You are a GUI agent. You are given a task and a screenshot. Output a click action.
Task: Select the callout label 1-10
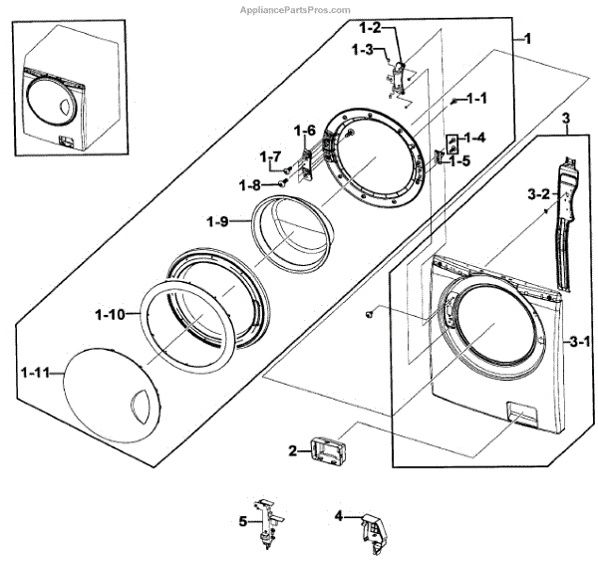[110, 314]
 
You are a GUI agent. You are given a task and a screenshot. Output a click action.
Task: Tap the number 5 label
[242, 521]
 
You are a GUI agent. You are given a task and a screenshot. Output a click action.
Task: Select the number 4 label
[339, 516]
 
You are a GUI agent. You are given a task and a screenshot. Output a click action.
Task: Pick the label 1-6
[304, 131]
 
